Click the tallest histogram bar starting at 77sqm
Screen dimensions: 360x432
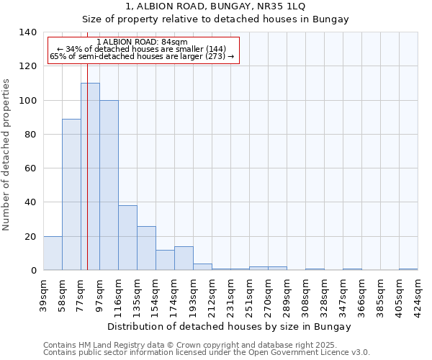tap(90, 176)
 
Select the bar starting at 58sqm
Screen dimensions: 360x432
tap(71, 194)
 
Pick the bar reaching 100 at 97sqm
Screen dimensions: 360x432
tap(109, 185)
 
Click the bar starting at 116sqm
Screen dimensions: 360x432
tap(127, 238)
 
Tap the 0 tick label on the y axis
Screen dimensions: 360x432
tap(33, 271)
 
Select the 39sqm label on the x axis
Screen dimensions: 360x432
tap(43, 292)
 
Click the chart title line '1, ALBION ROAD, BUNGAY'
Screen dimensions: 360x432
tap(215, 6)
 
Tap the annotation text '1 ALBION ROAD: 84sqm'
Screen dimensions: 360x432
tap(142, 42)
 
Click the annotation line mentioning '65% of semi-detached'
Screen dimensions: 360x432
tap(142, 56)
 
